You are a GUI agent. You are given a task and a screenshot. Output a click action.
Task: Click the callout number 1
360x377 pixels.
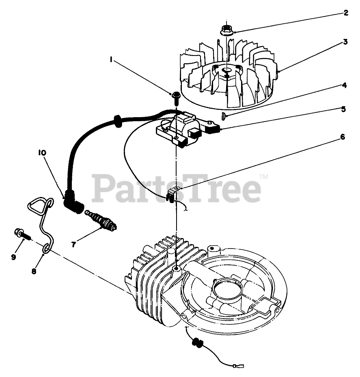(x=111, y=59)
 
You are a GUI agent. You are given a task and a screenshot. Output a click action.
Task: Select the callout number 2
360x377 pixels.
(x=345, y=13)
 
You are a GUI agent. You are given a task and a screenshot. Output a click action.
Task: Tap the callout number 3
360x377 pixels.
(x=345, y=42)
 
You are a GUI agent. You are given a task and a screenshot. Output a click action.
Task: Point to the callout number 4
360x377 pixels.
(x=344, y=86)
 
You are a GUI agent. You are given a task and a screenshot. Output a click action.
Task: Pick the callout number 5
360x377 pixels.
(x=343, y=109)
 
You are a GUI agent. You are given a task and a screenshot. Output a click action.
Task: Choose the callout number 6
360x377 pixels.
(x=342, y=137)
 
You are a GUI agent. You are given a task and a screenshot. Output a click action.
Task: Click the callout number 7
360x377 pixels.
(x=73, y=244)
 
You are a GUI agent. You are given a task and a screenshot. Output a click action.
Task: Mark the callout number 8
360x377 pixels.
(x=34, y=271)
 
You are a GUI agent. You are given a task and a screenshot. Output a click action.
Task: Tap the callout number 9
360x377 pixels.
(x=13, y=257)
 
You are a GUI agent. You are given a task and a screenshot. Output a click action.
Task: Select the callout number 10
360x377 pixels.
(x=42, y=153)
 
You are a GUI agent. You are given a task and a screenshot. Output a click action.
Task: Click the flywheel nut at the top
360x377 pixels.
(x=226, y=30)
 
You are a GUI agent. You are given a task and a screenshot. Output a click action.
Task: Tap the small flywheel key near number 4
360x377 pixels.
(x=223, y=116)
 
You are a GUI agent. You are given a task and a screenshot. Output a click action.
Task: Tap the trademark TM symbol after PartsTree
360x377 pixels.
(x=263, y=177)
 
